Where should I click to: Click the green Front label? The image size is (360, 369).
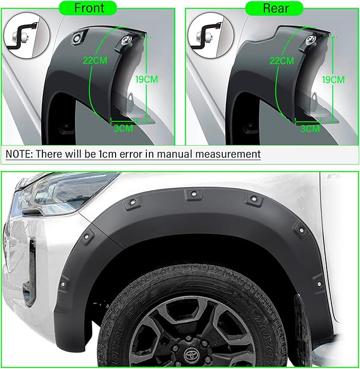coord(88,8)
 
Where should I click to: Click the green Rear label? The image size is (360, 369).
coord(274,8)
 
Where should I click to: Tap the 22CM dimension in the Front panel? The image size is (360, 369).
coord(95,60)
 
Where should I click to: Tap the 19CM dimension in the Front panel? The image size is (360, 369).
coord(146,80)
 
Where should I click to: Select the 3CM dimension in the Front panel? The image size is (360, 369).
coord(124,128)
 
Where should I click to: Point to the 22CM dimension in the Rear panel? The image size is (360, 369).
coord(282,61)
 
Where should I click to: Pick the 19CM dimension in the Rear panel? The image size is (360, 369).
coord(333,80)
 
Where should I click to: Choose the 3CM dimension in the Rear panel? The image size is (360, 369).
coord(310,129)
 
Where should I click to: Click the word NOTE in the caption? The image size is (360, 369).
coord(19,154)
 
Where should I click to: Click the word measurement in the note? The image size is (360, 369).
coord(228,154)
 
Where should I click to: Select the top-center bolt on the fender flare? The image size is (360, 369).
coord(194,194)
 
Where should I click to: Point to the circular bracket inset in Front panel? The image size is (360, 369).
coord(27,35)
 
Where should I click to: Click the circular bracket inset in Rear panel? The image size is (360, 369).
coord(211,35)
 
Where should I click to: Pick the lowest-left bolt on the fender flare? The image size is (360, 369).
coord(63,284)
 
